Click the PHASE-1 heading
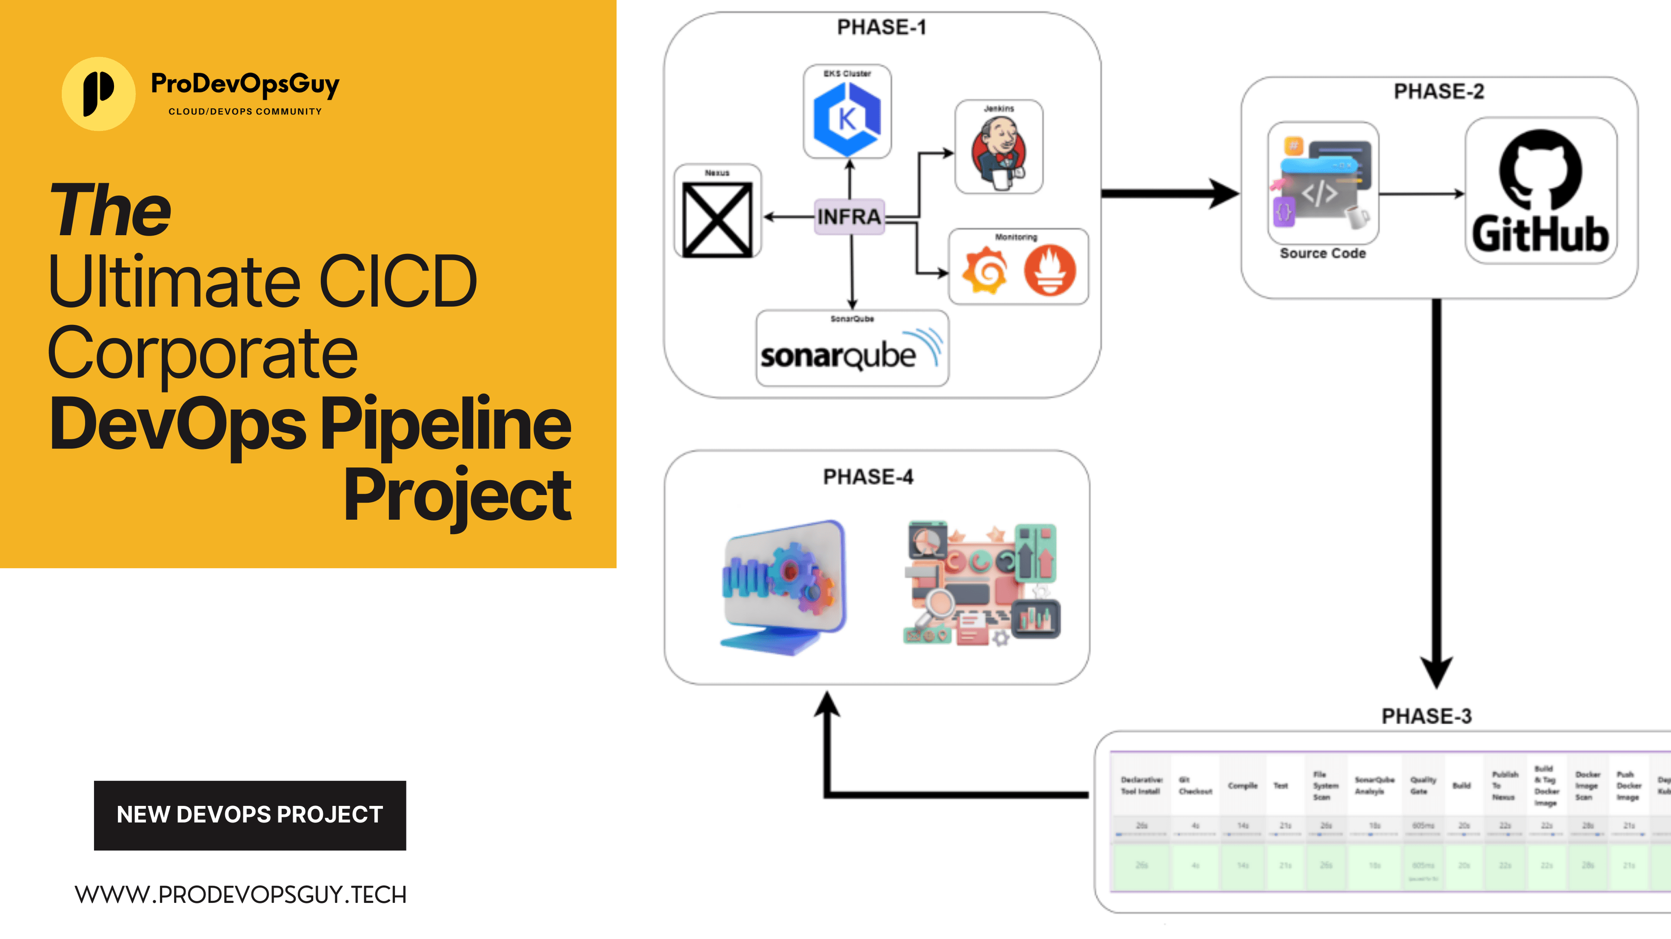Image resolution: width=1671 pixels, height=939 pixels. click(881, 27)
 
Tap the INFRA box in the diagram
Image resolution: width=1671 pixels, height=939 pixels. click(849, 217)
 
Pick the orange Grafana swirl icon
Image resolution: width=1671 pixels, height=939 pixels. click(985, 271)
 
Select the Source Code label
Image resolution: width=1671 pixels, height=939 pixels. click(1323, 254)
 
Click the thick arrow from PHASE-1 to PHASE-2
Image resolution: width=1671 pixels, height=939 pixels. click(1168, 193)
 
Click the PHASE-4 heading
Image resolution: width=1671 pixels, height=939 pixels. click(868, 477)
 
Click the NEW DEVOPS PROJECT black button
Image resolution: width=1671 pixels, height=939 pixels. click(250, 815)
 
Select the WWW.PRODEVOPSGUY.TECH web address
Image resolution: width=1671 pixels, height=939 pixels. click(241, 895)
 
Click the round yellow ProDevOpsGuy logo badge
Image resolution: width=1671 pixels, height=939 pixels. click(99, 94)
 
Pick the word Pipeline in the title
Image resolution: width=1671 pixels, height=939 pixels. click(446, 425)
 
